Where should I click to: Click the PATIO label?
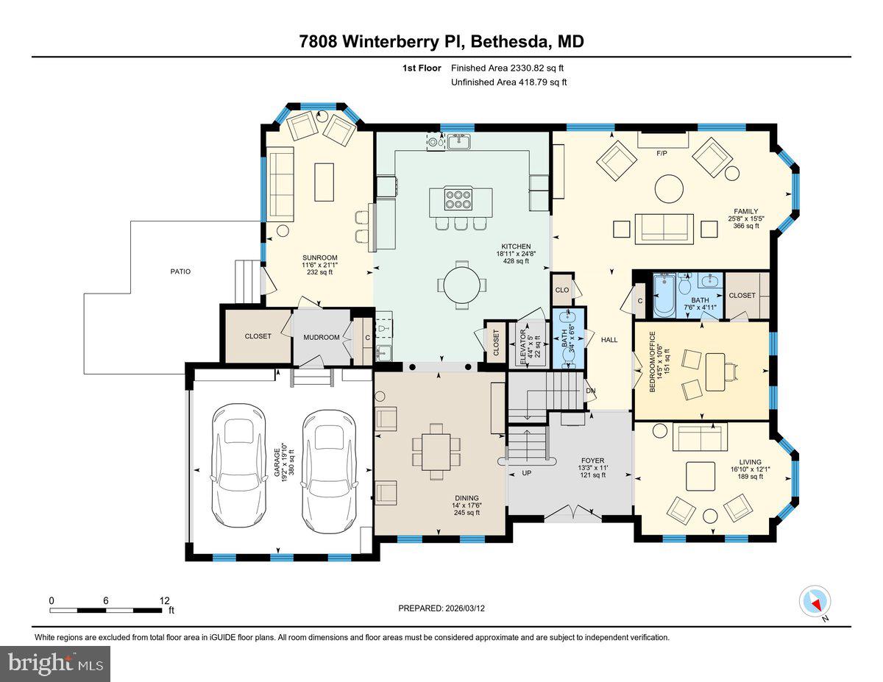click(x=180, y=271)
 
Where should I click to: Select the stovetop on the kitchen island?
click(x=461, y=200)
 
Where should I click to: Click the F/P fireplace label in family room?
click(x=662, y=154)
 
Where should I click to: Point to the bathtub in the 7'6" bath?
click(x=664, y=295)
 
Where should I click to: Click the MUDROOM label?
click(x=321, y=337)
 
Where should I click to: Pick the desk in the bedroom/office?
click(x=716, y=372)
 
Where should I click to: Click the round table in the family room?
click(x=670, y=188)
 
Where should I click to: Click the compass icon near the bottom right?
click(x=814, y=602)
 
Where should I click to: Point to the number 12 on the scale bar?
click(x=164, y=600)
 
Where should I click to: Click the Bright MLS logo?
click(x=56, y=664)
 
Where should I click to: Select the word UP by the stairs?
click(x=526, y=473)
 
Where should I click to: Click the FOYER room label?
click(x=592, y=461)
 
